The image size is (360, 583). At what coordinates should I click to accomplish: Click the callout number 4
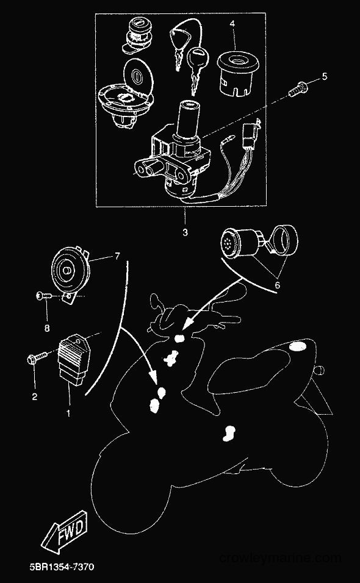(232, 24)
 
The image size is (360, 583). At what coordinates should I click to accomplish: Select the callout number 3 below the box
(185, 233)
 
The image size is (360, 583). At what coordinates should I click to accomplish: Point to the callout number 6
(278, 285)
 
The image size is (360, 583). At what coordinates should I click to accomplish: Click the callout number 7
(118, 256)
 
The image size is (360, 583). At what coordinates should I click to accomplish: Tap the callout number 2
(34, 397)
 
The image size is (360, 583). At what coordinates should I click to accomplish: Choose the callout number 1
(68, 413)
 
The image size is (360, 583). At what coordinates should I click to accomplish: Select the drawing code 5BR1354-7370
(62, 567)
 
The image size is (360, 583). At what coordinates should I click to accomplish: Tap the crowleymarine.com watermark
(279, 558)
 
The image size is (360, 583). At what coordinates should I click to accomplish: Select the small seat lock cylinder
(137, 34)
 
